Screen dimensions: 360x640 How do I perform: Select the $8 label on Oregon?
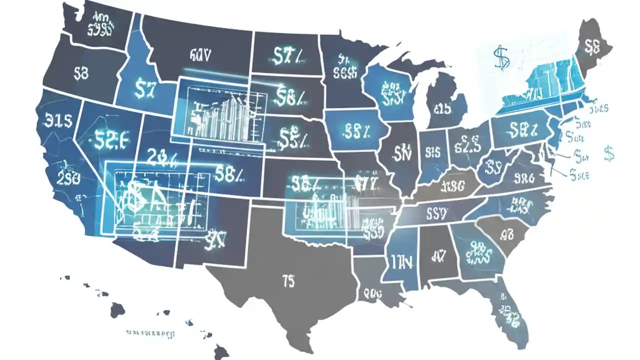tap(81, 74)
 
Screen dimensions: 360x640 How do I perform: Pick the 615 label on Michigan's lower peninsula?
tap(442, 108)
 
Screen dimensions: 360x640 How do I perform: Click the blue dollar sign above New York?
tap(501, 57)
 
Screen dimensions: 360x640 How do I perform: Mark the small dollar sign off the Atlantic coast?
tap(608, 153)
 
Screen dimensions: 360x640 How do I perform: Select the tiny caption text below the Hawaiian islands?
tap(149, 332)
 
